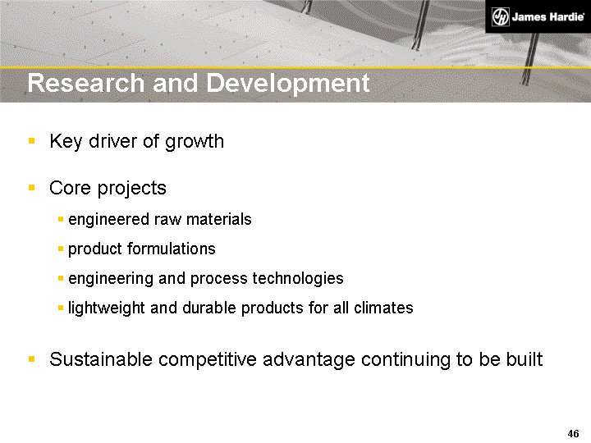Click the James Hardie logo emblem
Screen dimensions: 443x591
(501, 17)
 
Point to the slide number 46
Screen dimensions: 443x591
(574, 433)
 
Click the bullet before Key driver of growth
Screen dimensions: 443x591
(31, 141)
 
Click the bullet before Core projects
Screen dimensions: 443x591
(31, 188)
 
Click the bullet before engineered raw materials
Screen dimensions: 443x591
(62, 220)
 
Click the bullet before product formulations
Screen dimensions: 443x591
(62, 249)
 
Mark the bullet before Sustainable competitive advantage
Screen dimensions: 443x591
(31, 359)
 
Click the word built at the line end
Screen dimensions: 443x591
(523, 359)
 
